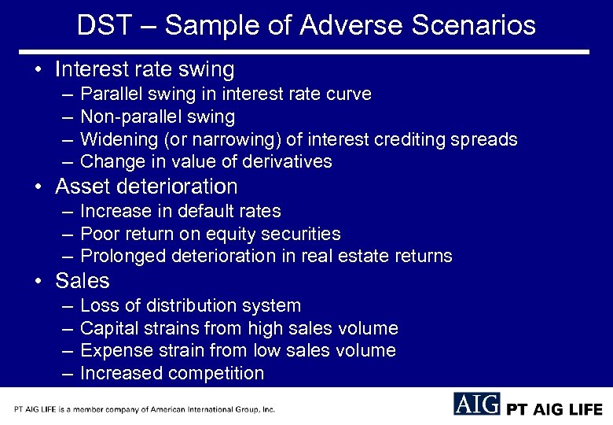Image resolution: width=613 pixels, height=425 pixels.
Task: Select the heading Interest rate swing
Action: coord(145,69)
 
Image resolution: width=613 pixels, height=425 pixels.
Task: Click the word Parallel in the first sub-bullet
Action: coord(110,94)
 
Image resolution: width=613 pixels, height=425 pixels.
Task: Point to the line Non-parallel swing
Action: coord(157,117)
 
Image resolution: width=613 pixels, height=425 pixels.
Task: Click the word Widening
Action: coord(117,139)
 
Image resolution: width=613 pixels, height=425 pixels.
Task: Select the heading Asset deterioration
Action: coord(146,187)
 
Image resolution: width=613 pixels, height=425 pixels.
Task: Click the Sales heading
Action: coord(83,281)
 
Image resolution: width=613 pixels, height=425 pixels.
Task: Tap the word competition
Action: coord(215,373)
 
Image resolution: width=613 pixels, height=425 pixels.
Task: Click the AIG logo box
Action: coord(476,405)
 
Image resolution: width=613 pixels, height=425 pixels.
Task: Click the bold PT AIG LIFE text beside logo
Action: coord(555,409)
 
